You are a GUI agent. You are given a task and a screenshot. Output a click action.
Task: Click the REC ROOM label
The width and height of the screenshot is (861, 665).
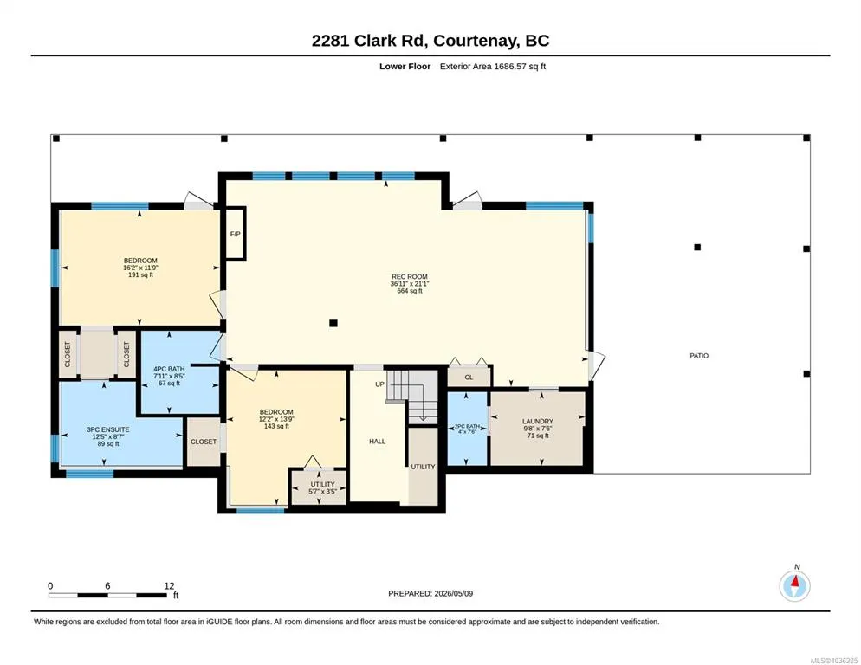(410, 277)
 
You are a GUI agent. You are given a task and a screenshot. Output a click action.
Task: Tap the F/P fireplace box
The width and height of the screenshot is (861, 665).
(235, 234)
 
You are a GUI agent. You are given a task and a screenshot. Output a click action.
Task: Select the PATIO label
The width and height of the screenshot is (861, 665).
(699, 356)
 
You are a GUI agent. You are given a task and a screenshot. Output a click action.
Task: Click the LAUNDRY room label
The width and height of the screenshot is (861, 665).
(538, 422)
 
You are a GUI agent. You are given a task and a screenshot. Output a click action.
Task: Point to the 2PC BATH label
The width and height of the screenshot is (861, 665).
(467, 426)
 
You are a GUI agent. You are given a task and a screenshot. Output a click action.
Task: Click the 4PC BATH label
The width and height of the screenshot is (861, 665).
(169, 369)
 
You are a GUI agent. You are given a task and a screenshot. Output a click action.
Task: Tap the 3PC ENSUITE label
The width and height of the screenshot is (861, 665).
(108, 430)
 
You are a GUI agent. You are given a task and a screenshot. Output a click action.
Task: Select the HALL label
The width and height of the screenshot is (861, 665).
(378, 442)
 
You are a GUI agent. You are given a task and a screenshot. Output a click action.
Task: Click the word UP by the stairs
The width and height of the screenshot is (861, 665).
(380, 384)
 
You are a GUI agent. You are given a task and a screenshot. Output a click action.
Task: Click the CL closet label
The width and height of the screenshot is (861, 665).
(469, 378)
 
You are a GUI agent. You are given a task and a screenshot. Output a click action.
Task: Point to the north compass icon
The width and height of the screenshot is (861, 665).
(794, 586)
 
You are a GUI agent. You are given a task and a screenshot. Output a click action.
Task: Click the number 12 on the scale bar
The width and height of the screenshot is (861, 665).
(169, 586)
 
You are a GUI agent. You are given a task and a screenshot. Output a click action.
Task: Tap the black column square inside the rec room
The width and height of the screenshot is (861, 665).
(333, 323)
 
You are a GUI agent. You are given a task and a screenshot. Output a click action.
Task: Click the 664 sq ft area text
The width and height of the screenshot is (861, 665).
(410, 291)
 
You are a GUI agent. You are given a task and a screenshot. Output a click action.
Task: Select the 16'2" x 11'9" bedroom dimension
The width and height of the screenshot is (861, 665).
(140, 268)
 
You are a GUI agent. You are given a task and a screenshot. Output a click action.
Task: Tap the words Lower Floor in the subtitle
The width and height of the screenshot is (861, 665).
(405, 67)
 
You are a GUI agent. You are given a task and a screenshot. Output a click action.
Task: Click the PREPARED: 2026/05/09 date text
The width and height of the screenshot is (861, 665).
(430, 594)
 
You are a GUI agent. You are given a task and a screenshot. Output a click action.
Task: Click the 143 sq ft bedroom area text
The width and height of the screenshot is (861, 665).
(276, 426)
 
